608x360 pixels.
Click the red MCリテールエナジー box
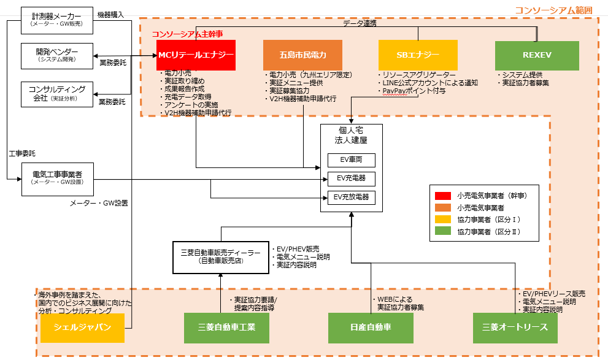point(196,55)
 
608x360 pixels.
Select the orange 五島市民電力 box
point(302,55)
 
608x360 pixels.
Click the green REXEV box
point(537,55)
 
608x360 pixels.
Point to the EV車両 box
point(351,161)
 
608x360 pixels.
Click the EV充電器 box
point(351,179)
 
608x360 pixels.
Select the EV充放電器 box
point(351,197)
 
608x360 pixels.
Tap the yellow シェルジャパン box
point(82,327)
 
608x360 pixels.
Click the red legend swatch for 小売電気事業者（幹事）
point(442,196)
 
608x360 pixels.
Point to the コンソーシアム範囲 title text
point(554,9)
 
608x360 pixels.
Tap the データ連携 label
point(360,23)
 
